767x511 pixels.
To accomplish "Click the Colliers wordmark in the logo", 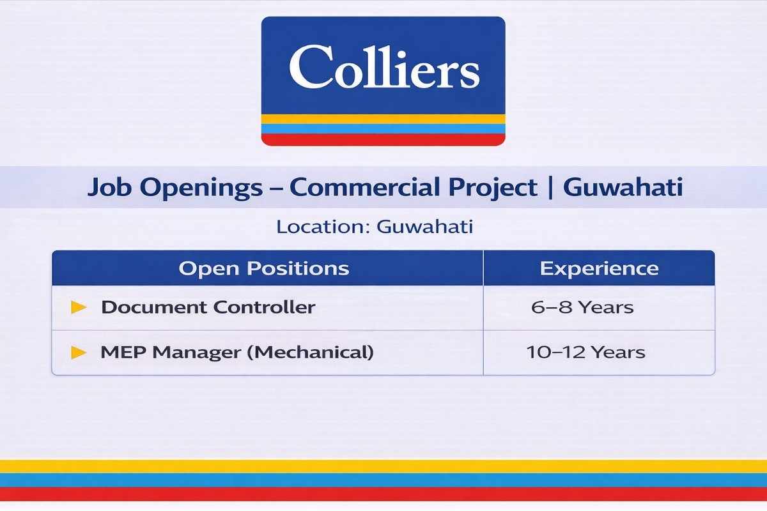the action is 384,67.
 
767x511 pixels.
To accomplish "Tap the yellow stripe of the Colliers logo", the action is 383,119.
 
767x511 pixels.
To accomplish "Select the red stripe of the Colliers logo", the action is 383,140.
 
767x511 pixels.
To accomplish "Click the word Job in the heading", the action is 109,188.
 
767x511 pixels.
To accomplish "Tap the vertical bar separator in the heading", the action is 550,187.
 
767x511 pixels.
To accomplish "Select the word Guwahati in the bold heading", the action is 623,187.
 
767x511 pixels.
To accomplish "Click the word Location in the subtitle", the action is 323,227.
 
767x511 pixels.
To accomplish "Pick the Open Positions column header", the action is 264,268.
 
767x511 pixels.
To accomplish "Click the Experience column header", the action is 600,268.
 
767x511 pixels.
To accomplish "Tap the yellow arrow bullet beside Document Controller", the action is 79,307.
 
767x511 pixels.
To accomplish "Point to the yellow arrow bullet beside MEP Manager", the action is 79,353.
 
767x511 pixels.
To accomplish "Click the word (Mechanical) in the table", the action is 310,352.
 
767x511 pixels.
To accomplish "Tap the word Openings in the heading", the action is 201,188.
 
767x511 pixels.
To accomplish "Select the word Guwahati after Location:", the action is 425,227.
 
